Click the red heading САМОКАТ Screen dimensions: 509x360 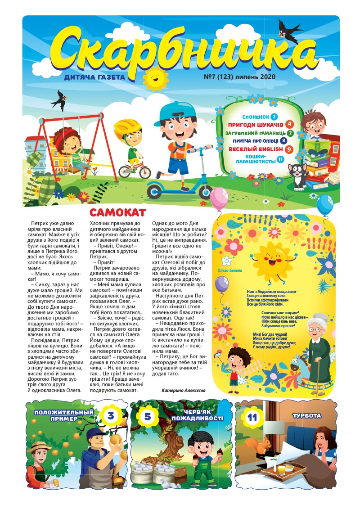click(118, 212)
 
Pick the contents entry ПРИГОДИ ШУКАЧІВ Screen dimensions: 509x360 click(256, 124)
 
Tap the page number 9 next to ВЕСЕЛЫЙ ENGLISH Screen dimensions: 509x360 click(289, 149)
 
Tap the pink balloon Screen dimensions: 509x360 click(219, 198)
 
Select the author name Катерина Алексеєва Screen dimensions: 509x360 click(183, 391)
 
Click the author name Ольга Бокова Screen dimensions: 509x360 click(229, 271)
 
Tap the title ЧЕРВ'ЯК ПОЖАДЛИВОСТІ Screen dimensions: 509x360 click(197, 415)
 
